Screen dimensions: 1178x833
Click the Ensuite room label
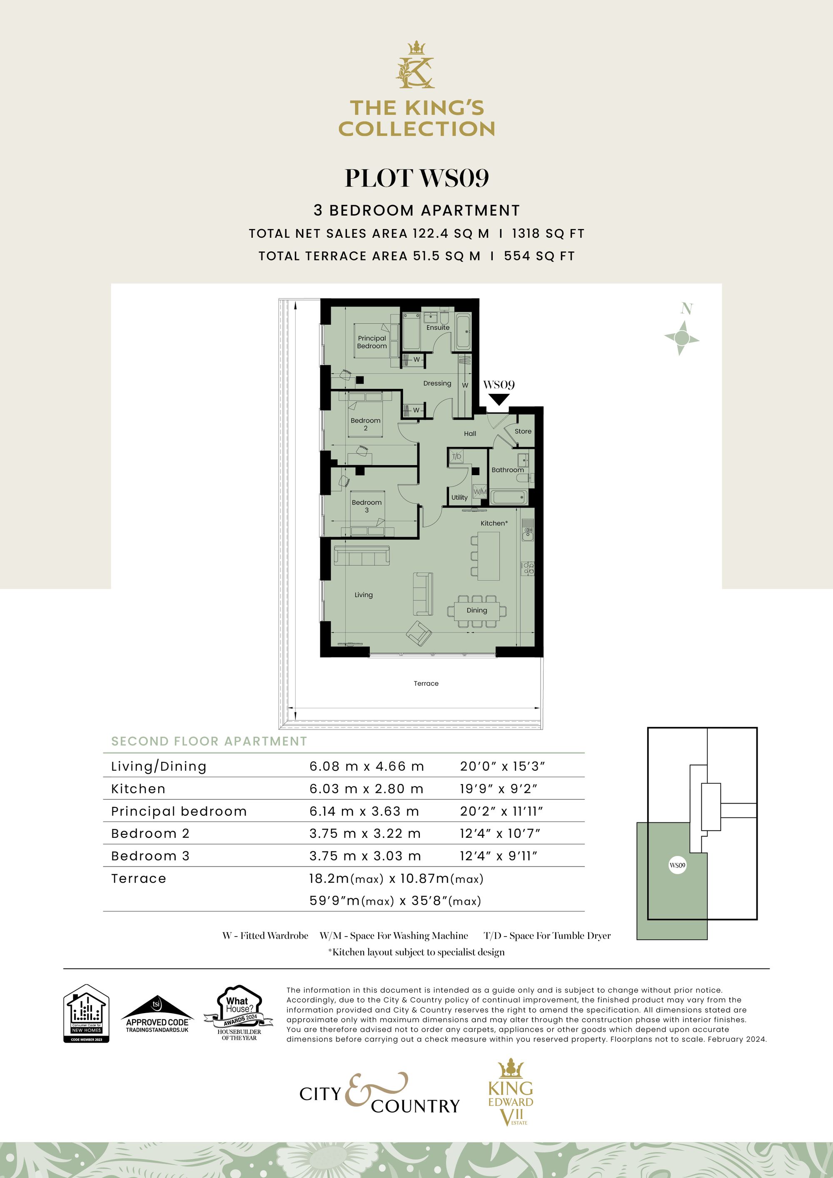point(437,327)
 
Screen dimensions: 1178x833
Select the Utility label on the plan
point(459,497)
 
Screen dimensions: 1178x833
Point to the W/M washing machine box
point(479,491)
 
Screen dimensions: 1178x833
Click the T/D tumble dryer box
point(456,456)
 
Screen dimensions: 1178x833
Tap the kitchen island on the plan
point(488,555)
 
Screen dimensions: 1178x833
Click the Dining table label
point(476,610)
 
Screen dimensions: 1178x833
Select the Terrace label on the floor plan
point(426,683)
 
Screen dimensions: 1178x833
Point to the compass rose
point(681,338)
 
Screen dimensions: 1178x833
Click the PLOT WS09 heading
point(416,177)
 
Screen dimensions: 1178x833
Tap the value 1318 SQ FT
point(548,234)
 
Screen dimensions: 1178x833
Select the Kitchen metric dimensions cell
point(366,789)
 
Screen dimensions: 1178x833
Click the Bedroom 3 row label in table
point(150,856)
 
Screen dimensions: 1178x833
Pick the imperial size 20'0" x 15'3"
point(501,766)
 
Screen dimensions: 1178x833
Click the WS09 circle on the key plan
point(677,865)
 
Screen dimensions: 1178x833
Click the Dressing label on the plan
point(437,383)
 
